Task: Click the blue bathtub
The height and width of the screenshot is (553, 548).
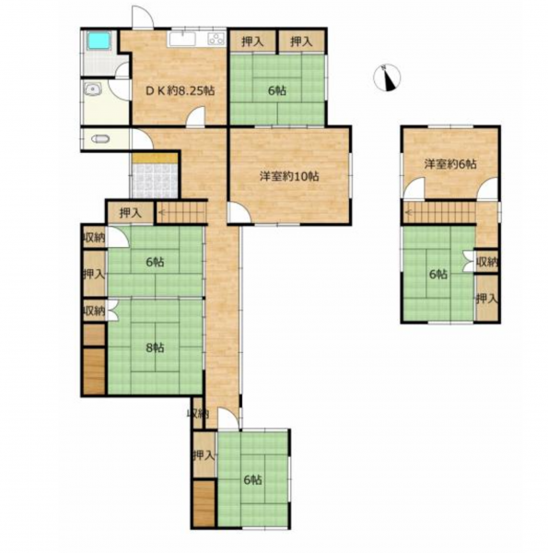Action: click(99, 41)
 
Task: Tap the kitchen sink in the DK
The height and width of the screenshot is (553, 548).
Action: click(181, 39)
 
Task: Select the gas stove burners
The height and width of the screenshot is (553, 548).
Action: click(216, 39)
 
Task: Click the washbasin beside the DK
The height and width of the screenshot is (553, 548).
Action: click(93, 88)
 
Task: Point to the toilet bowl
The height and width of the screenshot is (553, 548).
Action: click(99, 139)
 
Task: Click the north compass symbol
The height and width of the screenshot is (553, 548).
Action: click(387, 78)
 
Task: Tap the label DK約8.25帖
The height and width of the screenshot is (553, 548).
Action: click(180, 91)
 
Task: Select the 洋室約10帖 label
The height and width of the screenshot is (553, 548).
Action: click(289, 176)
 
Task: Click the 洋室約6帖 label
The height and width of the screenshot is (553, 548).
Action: click(450, 164)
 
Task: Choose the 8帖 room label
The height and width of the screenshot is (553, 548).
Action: click(155, 347)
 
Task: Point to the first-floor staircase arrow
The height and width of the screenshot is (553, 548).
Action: click(181, 213)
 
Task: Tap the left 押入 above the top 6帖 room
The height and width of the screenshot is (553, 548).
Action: click(252, 42)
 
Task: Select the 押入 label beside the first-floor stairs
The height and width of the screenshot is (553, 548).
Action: click(131, 213)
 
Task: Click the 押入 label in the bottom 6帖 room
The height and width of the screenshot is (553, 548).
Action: click(204, 456)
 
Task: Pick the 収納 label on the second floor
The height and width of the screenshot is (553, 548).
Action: click(486, 262)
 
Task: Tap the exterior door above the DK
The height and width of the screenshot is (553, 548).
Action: click(143, 17)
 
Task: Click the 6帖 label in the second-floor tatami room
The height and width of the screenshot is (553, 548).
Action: click(438, 274)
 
